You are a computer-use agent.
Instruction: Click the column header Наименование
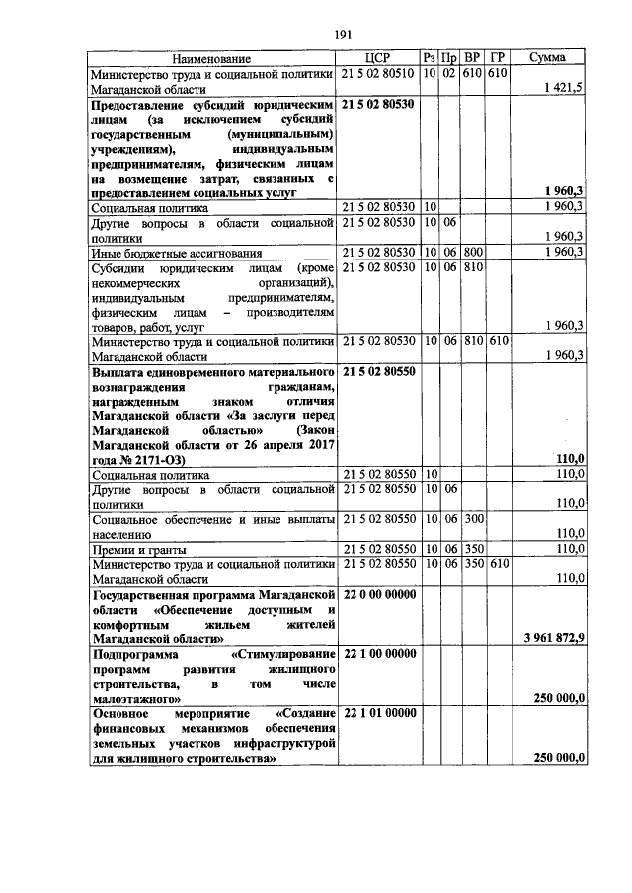click(212, 58)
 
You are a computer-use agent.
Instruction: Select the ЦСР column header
click(378, 58)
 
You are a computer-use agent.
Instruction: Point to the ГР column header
click(497, 58)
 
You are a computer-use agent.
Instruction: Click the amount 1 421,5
click(563, 87)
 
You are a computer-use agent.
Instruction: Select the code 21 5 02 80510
click(378, 73)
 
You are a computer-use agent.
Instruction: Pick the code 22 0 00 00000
click(378, 595)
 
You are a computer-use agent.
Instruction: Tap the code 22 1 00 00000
click(378, 653)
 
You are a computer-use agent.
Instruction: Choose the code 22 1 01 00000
click(378, 711)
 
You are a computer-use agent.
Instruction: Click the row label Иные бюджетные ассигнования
click(177, 252)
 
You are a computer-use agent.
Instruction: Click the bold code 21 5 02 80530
click(378, 103)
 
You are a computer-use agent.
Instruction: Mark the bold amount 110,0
click(569, 458)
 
